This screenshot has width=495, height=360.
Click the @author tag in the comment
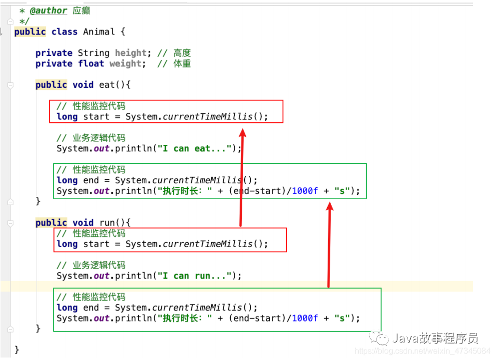point(48,10)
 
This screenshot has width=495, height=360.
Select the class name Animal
point(99,32)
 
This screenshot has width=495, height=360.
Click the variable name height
point(131,53)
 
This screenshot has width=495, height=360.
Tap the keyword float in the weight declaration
point(91,63)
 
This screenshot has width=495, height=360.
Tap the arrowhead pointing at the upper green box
point(329,206)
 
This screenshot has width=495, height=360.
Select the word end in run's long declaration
point(91,308)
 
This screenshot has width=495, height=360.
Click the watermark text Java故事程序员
point(435,339)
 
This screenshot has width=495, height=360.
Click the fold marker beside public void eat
point(10,85)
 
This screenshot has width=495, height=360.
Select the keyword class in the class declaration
point(64,32)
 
